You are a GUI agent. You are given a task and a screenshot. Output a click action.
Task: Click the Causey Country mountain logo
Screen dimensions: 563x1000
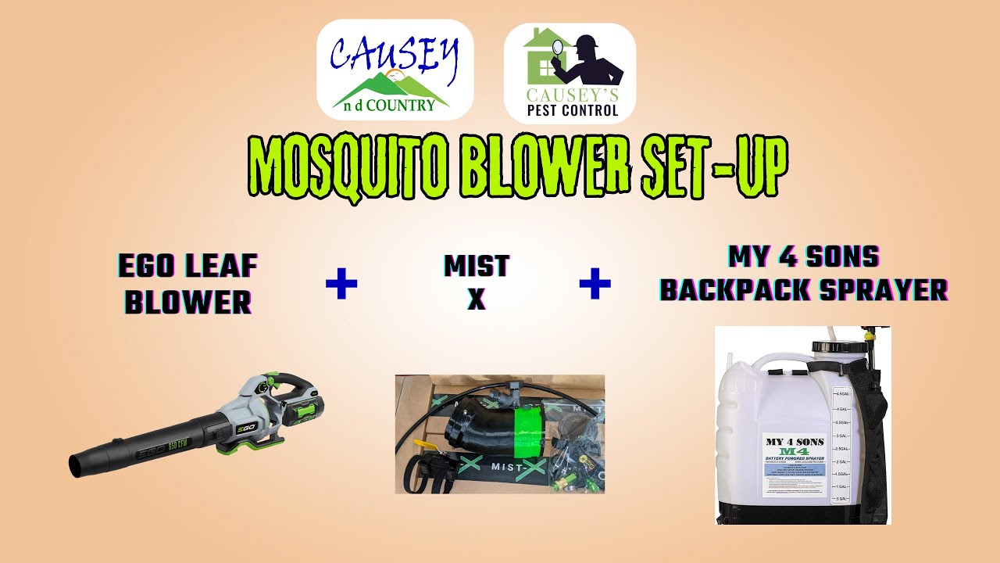395,70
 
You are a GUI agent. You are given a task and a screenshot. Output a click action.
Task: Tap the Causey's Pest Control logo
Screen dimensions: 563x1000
570,73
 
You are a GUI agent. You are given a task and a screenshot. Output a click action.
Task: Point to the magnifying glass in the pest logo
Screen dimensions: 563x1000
558,48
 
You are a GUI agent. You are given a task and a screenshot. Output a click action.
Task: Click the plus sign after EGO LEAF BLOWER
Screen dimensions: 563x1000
341,285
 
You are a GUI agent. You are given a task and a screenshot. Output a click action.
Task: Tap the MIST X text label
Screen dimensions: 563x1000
477,283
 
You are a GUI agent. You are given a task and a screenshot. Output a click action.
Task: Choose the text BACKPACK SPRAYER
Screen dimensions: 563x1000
804,290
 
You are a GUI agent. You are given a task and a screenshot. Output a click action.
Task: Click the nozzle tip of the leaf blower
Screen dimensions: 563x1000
77,465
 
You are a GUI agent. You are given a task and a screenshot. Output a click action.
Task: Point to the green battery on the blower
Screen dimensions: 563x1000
305,410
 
